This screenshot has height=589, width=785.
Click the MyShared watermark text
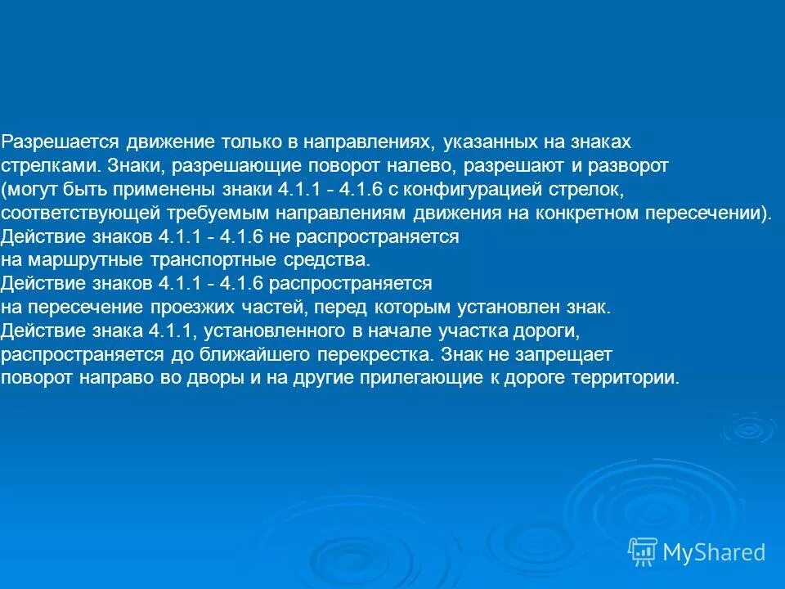(x=715, y=552)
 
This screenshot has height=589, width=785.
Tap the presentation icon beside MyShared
(x=643, y=552)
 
